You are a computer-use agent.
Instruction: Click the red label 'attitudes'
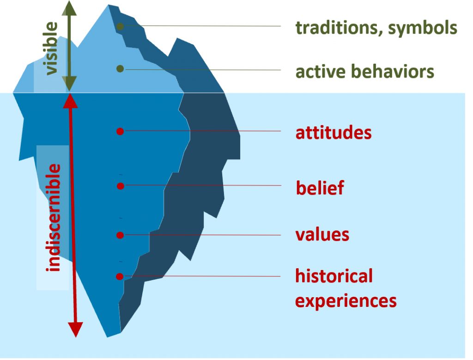(334, 133)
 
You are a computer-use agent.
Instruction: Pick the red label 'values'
(322, 234)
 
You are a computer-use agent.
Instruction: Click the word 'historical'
(334, 276)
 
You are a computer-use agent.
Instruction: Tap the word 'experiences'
(346, 300)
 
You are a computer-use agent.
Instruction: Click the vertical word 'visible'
(51, 49)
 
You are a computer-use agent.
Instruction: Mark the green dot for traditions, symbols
(120, 26)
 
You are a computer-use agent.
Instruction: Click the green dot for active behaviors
(120, 69)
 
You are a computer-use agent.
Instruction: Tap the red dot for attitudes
(120, 131)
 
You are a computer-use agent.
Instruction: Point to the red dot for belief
(120, 186)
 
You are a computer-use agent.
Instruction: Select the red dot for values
(120, 235)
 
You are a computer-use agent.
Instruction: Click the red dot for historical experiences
(120, 276)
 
